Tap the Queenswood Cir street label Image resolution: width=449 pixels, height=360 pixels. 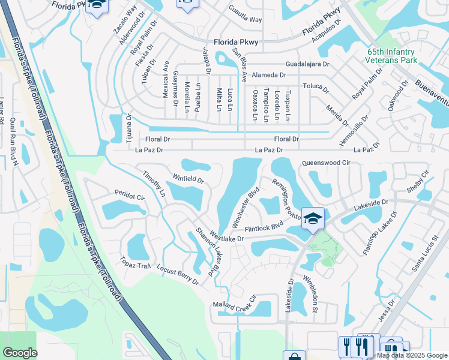pyautogui.click(x=326, y=163)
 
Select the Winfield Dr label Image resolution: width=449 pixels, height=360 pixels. pyautogui.click(x=188, y=178)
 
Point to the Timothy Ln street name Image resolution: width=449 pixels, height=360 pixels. pyautogui.click(x=154, y=184)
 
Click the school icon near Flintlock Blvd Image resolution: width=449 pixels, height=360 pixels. pyautogui.click(x=313, y=218)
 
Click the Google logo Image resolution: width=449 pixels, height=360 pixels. pyautogui.click(x=20, y=353)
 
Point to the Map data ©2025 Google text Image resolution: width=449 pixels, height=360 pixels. pyautogui.click(x=412, y=355)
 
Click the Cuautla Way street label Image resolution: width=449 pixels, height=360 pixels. pyautogui.click(x=245, y=14)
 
